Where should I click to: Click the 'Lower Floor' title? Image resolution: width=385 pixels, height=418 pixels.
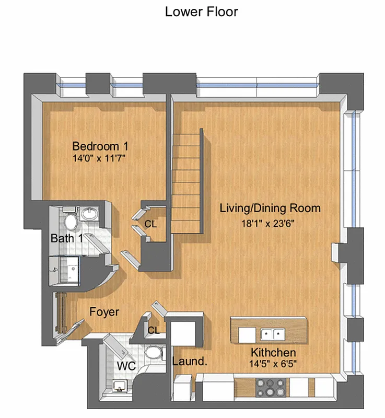coord(201,11)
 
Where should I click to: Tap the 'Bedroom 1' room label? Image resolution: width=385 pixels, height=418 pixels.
coord(100,146)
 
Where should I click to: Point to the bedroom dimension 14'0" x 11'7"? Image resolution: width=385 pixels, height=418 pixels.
coord(100,157)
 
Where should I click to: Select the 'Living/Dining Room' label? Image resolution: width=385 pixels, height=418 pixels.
coord(270,208)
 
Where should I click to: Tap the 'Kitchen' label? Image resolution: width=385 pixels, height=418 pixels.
coord(273,352)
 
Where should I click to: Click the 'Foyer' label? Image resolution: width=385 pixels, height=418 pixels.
coord(104,312)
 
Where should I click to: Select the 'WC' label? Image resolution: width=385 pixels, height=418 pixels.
coord(126,366)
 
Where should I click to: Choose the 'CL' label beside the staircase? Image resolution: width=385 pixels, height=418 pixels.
coord(150,225)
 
